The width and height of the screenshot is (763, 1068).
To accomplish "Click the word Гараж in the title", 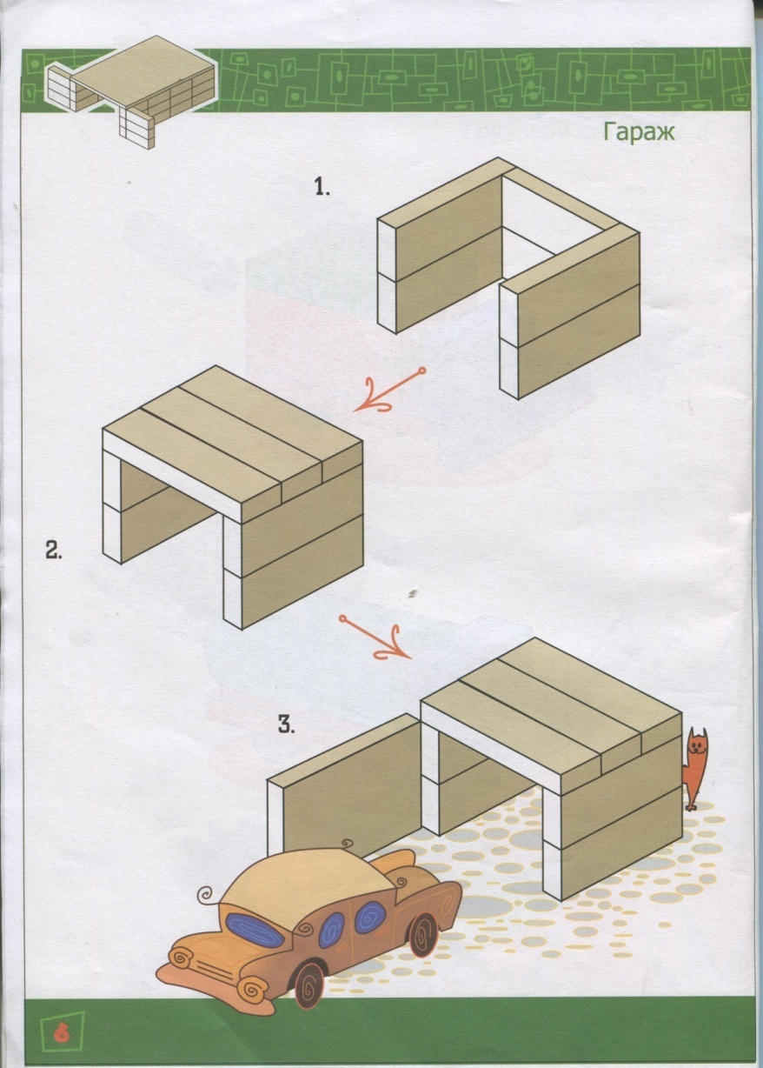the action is (x=640, y=132).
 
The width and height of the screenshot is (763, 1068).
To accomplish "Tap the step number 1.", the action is (x=322, y=186).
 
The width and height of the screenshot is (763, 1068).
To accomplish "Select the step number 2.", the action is (x=53, y=550).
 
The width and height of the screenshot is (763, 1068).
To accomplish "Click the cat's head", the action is (x=696, y=743).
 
